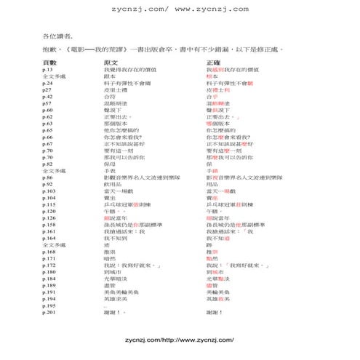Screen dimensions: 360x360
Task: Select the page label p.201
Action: click(49, 313)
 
